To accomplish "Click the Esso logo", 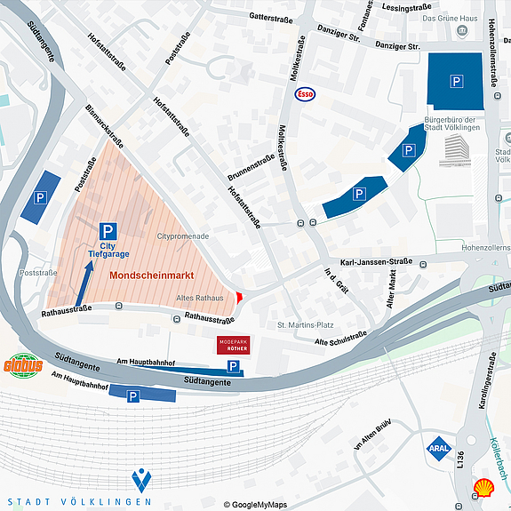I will pos(305,93).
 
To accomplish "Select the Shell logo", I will pos(483,488).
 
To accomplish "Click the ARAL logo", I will pos(438,448).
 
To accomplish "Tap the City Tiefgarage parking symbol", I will pos(108,230).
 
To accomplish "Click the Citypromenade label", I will pos(182,237).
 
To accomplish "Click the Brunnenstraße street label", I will pos(251,166).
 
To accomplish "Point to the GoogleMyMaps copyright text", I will pos(255,505).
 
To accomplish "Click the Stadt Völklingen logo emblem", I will pos(141,481).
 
